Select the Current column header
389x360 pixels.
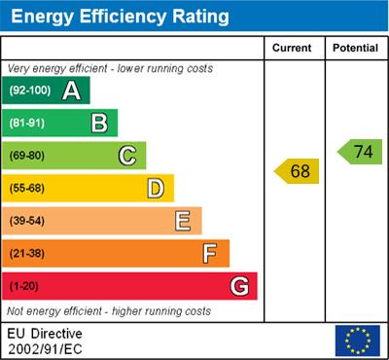tap(292, 48)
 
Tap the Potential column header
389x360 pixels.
tap(355, 48)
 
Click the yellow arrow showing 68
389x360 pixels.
tap(297, 171)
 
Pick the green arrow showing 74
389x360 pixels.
tap(360, 151)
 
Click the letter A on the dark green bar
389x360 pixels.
tap(71, 90)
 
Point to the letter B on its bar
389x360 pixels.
tap(99, 123)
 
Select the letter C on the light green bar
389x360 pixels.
tap(126, 156)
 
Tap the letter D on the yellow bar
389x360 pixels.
tap(155, 188)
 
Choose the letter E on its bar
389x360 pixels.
tap(182, 221)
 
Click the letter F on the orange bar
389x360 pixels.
tap(209, 254)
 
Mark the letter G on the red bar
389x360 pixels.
tap(238, 286)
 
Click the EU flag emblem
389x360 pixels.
tap(357, 340)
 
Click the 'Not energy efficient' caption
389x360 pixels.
tap(109, 311)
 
